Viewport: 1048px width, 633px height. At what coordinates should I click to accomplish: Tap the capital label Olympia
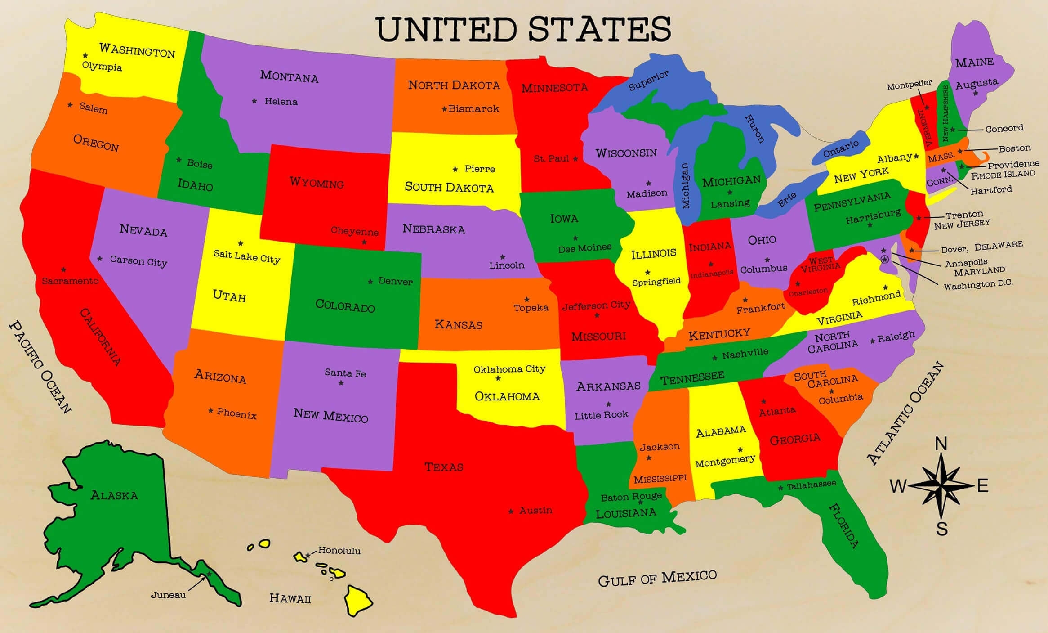coord(102,67)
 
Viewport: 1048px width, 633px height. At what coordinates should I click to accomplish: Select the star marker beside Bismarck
coord(444,109)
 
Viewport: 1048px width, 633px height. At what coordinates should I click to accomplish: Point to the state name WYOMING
coord(317,183)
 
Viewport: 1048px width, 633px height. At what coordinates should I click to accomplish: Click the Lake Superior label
coord(648,80)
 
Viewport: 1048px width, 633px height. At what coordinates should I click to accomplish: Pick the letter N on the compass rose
coord(941,444)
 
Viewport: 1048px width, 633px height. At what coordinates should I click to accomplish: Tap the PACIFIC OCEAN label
coord(40,367)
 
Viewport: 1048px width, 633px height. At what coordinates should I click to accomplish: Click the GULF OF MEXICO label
coord(657,578)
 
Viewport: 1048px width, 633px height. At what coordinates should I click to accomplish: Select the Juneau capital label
coord(168,595)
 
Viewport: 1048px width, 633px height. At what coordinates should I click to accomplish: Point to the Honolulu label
coord(339,550)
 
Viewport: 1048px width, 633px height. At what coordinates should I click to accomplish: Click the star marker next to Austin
coord(511,512)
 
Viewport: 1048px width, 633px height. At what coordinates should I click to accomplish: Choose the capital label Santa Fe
coord(345,373)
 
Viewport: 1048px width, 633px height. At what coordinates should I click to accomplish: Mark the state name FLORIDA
coord(843,525)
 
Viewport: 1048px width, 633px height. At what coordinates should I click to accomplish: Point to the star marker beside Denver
coord(370,282)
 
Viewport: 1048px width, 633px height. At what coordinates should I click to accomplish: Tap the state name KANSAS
coord(458,324)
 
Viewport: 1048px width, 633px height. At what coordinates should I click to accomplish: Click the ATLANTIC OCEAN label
coord(905,413)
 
